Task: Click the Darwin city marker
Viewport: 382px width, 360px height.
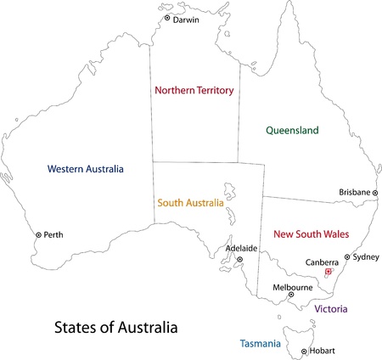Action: coord(167,18)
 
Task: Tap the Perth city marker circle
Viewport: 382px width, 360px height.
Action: coord(37,234)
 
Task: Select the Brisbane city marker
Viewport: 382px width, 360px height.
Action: coord(374,193)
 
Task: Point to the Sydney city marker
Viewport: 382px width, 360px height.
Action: coord(346,256)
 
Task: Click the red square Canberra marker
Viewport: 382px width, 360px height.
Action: coord(328,273)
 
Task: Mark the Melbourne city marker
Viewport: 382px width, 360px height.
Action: coord(291,295)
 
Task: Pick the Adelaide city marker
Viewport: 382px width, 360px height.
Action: coord(239,260)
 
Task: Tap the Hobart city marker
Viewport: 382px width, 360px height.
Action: coord(304,352)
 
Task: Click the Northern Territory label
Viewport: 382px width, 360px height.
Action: coord(195,89)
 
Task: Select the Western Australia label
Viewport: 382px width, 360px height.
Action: coord(86,167)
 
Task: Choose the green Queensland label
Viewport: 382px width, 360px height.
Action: coord(292,131)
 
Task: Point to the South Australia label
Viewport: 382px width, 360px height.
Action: coord(191,204)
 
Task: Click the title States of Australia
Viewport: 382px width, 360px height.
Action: coord(116,326)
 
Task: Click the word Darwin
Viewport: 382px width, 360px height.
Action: coord(186,19)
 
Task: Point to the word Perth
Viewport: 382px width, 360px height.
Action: coord(53,234)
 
